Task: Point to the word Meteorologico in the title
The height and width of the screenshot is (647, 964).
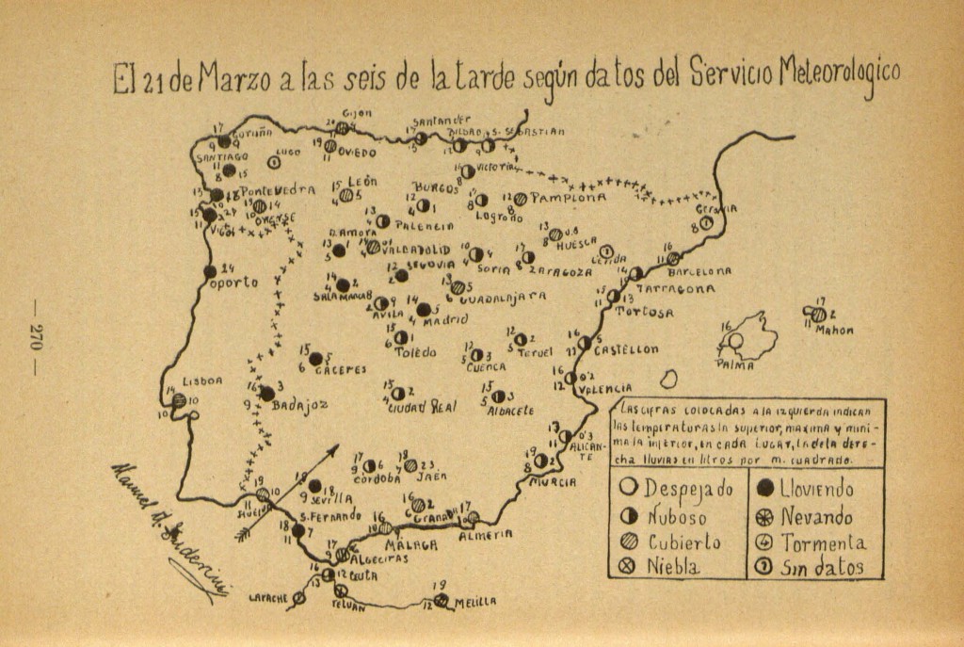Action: (840, 76)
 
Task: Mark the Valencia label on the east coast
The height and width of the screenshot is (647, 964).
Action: (603, 388)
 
